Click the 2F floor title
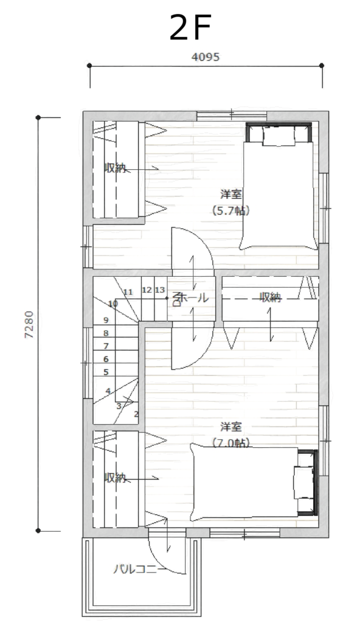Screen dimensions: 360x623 click(x=189, y=28)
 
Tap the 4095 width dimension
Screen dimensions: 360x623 click(x=206, y=57)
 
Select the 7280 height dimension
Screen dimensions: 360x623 click(x=29, y=324)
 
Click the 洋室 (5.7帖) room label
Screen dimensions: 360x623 click(x=231, y=203)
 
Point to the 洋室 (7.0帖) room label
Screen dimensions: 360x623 click(x=231, y=434)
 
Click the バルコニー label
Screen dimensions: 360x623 click(x=139, y=569)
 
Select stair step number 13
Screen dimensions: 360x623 click(x=160, y=290)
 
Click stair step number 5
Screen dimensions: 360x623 click(x=106, y=372)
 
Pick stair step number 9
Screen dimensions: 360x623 click(x=106, y=320)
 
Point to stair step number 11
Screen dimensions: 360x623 click(x=128, y=293)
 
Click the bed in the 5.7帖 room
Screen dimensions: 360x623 click(x=279, y=186)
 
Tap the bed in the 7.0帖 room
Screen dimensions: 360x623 click(x=254, y=482)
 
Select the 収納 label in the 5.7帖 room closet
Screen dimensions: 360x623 click(x=115, y=168)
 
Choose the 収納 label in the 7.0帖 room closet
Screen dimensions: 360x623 click(x=115, y=478)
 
